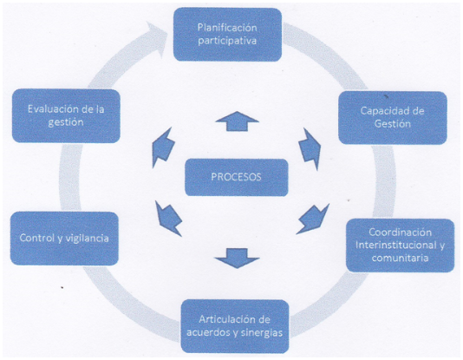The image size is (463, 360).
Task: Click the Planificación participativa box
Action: point(227,35)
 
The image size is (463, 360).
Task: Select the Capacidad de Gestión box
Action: point(393,117)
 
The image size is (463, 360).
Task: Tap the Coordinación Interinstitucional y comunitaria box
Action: point(400,245)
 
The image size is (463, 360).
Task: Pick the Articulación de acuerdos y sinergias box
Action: point(235,326)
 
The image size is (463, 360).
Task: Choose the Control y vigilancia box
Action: point(64,238)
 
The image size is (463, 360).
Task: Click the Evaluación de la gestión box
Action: point(66,115)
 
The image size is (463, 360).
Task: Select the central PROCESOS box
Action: point(236,177)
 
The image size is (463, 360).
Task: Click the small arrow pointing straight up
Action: point(237,121)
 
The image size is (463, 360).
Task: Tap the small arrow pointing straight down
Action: point(237,259)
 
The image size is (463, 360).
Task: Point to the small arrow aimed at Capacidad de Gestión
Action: point(310,148)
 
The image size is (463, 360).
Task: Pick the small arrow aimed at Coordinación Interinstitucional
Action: point(313,219)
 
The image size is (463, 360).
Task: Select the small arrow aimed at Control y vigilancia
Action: point(168,219)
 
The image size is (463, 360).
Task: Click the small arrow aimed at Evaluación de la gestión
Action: point(163,147)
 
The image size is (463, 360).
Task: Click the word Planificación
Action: point(227,28)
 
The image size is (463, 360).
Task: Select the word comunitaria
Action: point(400,258)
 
